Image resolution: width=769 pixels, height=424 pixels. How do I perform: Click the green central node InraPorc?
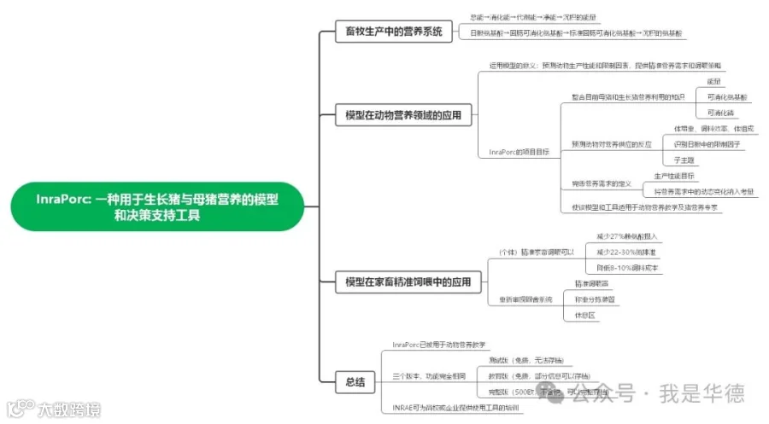click(158, 206)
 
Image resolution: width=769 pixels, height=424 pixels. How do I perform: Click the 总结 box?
click(355, 381)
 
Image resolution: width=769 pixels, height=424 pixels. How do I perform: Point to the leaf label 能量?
click(714, 81)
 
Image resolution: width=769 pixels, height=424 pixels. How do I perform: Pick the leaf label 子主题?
click(684, 160)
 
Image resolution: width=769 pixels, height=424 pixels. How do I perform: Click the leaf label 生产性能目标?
click(674, 176)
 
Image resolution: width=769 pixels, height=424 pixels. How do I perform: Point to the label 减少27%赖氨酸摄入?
click(626, 235)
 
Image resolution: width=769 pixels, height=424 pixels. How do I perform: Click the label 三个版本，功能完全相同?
click(430, 375)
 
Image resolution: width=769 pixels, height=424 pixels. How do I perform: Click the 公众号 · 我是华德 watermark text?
click(658, 393)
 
